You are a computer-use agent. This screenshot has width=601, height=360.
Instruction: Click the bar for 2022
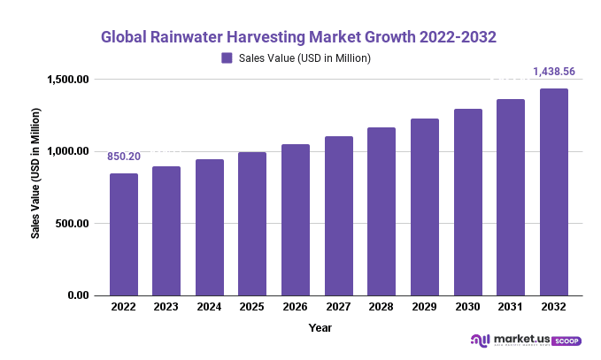coord(124,234)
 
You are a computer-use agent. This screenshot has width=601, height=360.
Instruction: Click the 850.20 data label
coord(124,157)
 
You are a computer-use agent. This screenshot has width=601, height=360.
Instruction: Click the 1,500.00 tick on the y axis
coord(68,80)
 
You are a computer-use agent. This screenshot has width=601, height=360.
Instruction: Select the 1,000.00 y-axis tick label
coord(68,151)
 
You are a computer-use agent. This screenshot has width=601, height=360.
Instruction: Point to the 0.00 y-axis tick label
coord(78,295)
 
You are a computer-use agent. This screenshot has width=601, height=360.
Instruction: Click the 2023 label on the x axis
coord(166,306)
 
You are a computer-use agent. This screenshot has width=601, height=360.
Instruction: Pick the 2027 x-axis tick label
coord(338,306)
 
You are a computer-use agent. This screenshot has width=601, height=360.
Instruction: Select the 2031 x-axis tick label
coord(511,306)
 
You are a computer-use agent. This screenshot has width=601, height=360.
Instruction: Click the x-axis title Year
coord(320,328)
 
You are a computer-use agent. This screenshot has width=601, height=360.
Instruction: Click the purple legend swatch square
coord(227,58)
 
